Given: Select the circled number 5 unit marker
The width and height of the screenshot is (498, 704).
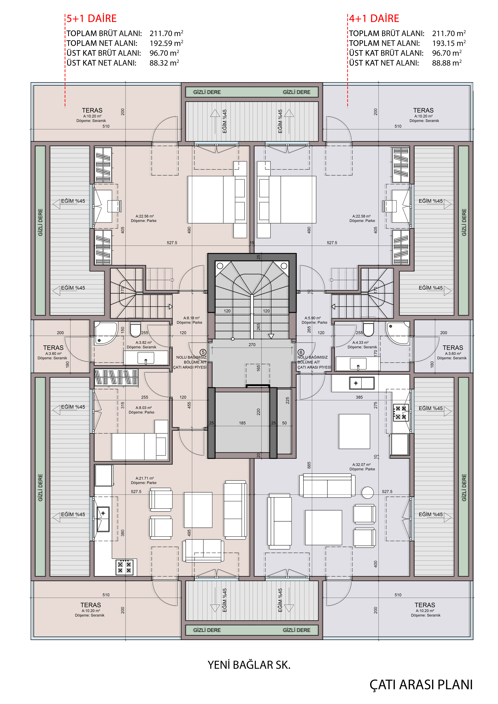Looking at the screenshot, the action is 203,352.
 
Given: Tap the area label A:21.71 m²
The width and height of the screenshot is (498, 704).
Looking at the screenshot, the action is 144,478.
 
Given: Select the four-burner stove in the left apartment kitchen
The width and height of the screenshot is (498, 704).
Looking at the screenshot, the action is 125,567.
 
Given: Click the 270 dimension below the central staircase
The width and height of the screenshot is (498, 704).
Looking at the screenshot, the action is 252,345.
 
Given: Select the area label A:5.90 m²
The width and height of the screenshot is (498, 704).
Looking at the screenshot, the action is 312,318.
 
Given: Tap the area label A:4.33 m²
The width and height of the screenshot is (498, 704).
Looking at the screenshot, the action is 360,343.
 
